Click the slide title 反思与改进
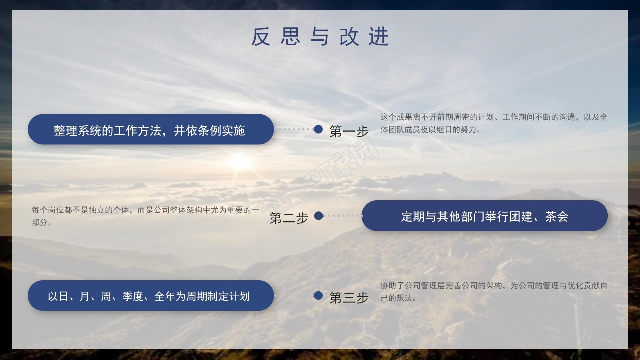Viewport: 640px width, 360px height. tap(320, 37)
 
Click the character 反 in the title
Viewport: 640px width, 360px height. tap(261, 37)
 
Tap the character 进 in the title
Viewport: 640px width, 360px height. tap(379, 37)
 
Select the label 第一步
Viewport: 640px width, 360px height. tap(349, 131)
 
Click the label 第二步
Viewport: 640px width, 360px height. tap(289, 218)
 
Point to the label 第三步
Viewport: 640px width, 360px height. tap(349, 297)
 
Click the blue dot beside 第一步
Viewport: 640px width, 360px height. tap(318, 129)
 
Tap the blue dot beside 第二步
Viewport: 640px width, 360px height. tap(318, 216)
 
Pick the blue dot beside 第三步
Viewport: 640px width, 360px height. tap(318, 296)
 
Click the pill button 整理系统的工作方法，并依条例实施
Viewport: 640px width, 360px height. tap(150, 130)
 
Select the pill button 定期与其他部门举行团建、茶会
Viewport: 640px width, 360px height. tap(484, 216)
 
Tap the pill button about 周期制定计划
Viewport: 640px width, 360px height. tap(150, 296)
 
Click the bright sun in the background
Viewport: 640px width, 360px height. tap(239, 161)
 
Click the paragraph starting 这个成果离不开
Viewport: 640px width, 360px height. tap(494, 123)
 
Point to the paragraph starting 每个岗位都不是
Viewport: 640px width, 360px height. tap(145, 216)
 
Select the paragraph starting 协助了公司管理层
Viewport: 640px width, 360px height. tap(494, 291)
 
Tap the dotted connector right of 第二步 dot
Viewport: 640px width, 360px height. tap(343, 216)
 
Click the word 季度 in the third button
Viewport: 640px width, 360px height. tap(133, 296)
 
